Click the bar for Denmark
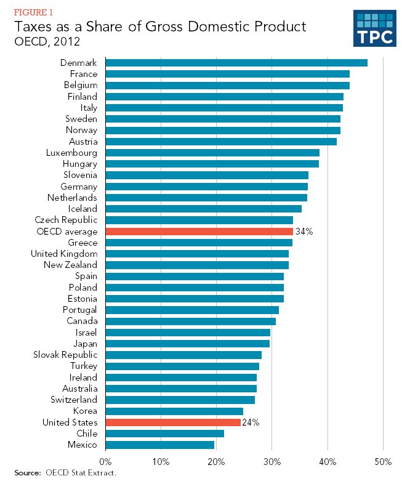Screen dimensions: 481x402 236,63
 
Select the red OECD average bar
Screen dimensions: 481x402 199,232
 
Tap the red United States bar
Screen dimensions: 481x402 173,422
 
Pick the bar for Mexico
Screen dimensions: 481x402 160,445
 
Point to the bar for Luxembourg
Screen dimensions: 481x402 212,153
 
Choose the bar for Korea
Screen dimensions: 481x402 174,411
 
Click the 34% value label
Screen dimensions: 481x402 304,232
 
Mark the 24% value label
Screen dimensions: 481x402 251,422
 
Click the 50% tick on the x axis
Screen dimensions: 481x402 383,461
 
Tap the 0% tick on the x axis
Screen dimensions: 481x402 105,461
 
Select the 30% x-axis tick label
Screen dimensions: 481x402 271,461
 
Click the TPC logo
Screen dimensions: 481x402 374,28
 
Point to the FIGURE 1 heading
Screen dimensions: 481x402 34,12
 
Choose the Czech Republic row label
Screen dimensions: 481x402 66,220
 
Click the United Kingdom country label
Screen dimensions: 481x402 64,254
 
